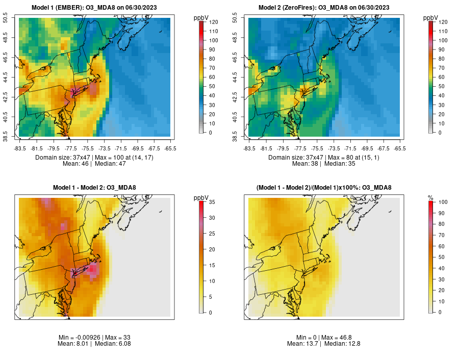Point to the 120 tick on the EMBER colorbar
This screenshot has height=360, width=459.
(x=213, y=22)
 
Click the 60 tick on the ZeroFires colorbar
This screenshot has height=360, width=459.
(x=442, y=77)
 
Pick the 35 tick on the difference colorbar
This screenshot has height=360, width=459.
(x=212, y=202)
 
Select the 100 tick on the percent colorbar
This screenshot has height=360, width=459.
(x=442, y=202)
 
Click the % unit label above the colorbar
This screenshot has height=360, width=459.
(x=430, y=197)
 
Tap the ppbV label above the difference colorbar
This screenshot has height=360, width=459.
(x=201, y=197)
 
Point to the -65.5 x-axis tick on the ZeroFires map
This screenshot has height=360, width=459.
(x=400, y=148)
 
